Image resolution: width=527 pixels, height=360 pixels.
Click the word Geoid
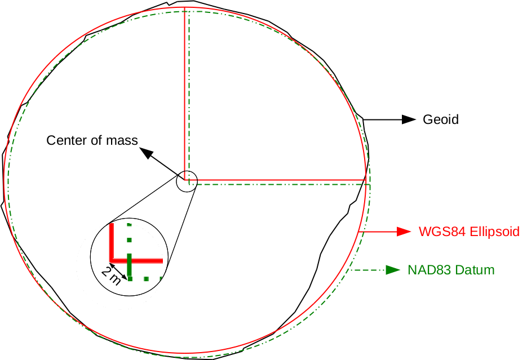coord(440,119)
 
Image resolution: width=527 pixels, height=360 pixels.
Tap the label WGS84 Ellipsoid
coord(468,232)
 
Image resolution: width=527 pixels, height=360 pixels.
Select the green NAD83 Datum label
coord(451,270)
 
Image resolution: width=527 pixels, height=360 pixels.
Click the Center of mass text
coord(92,140)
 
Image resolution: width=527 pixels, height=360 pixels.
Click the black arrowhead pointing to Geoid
coord(408,119)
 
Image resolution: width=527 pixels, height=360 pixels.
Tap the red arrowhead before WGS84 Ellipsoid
coord(402,232)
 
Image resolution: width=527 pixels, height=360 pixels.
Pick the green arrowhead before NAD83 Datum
coord(392,270)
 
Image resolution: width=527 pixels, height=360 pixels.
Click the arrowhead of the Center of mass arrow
coord(145,152)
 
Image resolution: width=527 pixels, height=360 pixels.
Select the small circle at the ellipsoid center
coord(187,181)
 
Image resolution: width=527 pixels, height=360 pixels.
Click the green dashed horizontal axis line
coord(282,184)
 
